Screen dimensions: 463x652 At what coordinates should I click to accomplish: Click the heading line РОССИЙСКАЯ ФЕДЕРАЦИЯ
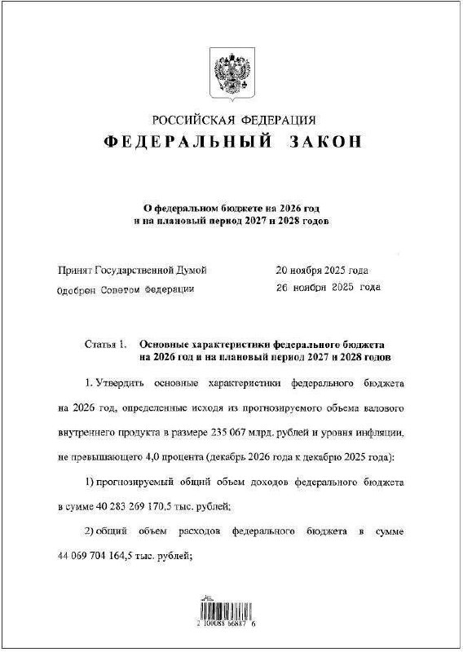click(x=233, y=121)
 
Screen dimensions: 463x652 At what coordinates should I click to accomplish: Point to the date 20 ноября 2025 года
click(x=323, y=270)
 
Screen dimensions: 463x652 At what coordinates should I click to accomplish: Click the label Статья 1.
click(x=104, y=345)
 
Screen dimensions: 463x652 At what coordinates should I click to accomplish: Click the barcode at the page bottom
click(x=231, y=610)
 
